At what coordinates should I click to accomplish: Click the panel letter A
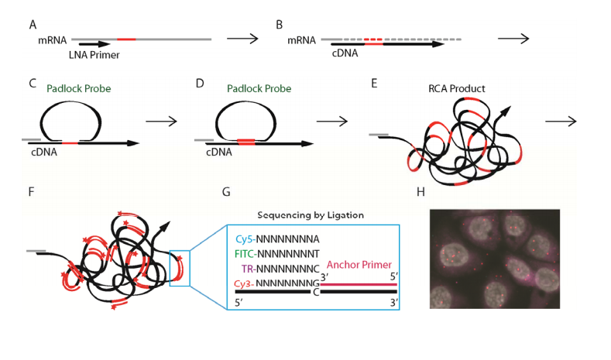point(33,25)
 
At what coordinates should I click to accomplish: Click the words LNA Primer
point(92,55)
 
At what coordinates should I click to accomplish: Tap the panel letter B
point(280,25)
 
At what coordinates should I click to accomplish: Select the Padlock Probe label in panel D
point(259,89)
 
